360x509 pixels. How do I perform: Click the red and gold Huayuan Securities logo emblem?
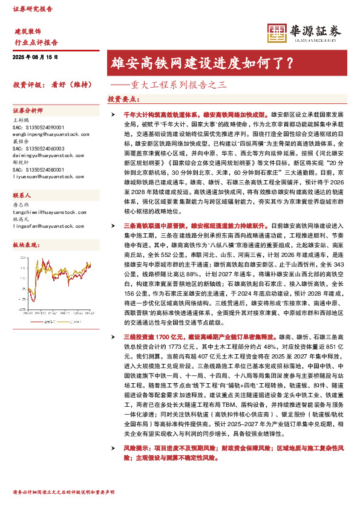pyautogui.click(x=277, y=33)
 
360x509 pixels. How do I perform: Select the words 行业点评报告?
pyautogui.click(x=36, y=42)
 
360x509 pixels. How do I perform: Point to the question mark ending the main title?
pyautogui.click(x=290, y=62)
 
